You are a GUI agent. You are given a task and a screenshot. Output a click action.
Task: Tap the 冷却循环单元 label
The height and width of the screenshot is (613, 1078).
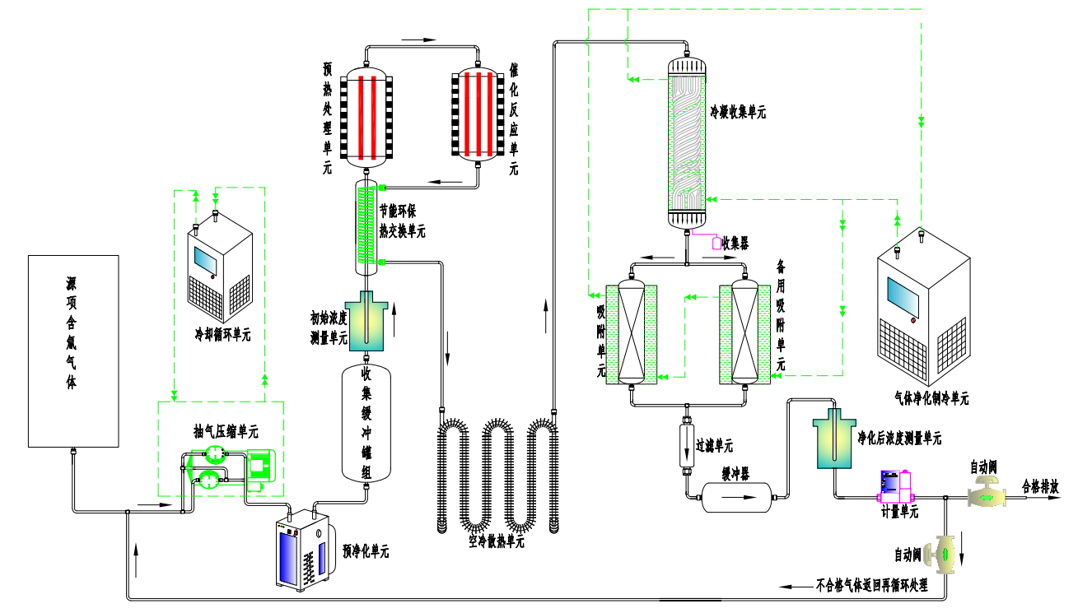tap(221, 335)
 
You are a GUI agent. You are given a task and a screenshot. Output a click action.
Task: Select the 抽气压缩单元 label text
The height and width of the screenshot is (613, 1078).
tap(225, 431)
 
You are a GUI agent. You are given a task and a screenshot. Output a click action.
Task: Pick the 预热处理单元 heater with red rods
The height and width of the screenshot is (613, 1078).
tap(366, 114)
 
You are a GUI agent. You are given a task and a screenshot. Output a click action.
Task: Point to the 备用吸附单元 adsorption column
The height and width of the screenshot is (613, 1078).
tap(744, 333)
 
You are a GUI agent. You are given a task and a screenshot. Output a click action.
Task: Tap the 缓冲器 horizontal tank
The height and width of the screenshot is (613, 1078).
tap(738, 497)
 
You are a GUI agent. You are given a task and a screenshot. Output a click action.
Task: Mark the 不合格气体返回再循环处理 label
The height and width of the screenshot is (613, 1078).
tap(871, 587)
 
